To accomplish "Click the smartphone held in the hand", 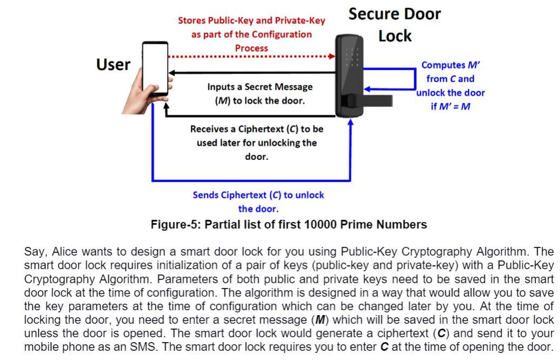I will [x=155, y=68].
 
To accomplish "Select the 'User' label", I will [x=113, y=65].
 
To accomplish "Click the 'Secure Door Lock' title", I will [x=395, y=24].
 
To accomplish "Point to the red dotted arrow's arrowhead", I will [x=331, y=56].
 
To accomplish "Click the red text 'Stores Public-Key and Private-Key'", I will [x=252, y=21].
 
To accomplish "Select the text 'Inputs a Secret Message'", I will [x=259, y=86].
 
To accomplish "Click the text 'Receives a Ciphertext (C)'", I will [x=257, y=130].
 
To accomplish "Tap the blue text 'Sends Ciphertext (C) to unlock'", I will [x=258, y=195].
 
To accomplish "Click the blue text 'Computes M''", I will [x=451, y=65].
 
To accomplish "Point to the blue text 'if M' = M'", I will [x=450, y=106].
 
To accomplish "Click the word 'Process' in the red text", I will [x=251, y=48].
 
